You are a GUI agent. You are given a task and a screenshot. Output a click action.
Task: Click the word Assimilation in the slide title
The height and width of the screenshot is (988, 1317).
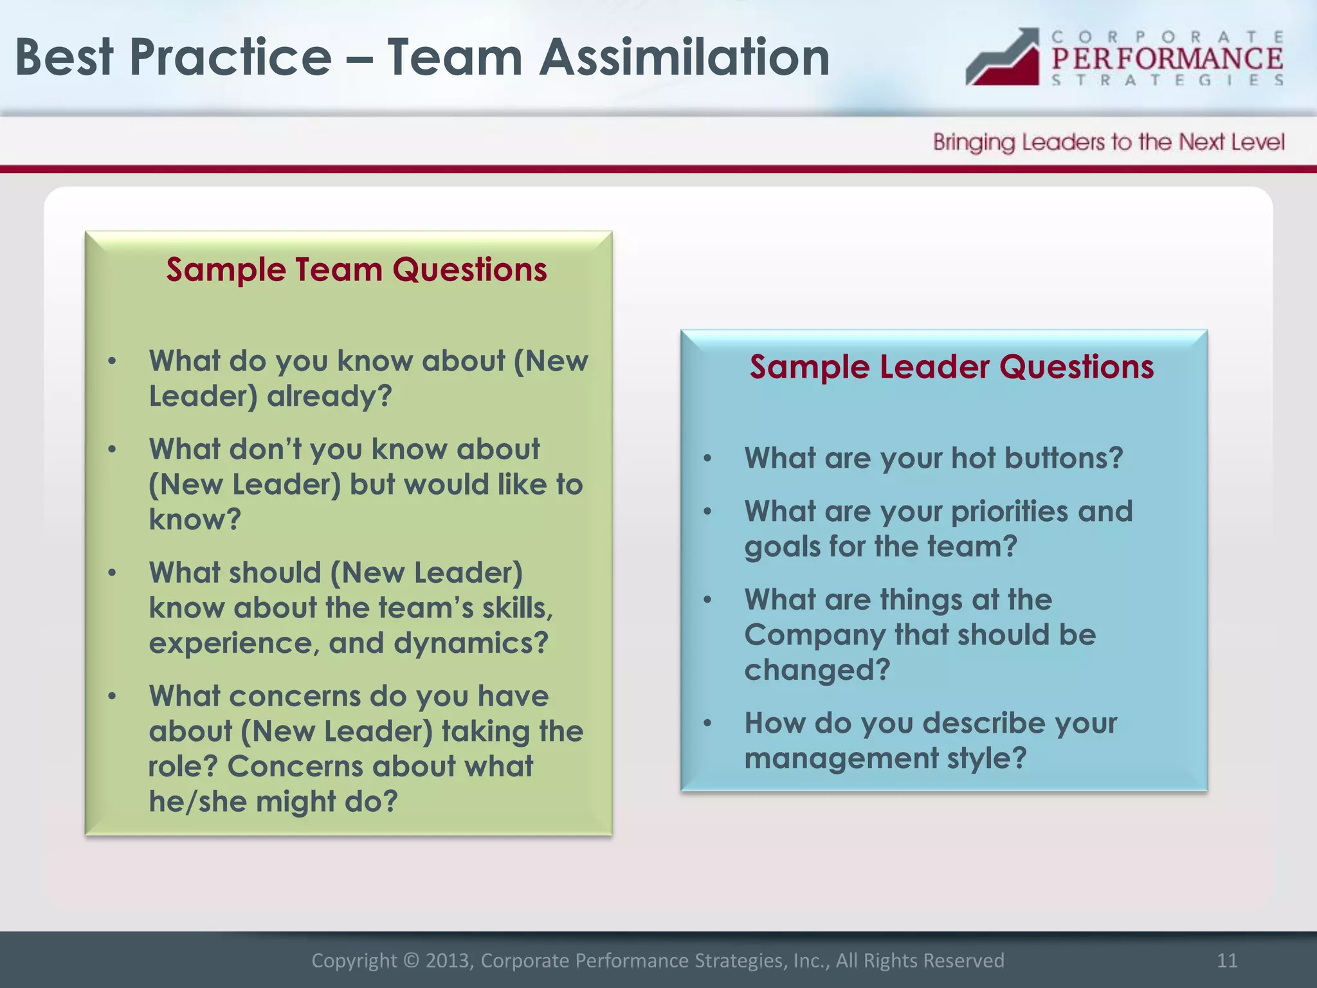(684, 57)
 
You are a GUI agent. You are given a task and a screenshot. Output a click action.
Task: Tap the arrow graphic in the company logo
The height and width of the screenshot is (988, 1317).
(1003, 59)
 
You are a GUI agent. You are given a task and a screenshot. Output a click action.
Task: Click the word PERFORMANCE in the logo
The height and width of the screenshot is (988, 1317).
(1167, 59)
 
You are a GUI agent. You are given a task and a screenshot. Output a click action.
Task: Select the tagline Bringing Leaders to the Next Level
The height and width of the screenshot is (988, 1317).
(1108, 142)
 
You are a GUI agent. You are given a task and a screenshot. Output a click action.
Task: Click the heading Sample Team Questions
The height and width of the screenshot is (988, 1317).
(356, 270)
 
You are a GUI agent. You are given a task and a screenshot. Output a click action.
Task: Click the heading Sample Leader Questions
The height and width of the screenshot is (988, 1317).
(951, 367)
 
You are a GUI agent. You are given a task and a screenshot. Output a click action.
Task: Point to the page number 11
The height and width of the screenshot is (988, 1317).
(1227, 960)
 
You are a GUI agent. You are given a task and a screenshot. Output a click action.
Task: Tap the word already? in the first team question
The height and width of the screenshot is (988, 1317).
(329, 396)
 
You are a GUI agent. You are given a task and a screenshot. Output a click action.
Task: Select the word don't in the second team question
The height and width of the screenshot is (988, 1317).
(265, 449)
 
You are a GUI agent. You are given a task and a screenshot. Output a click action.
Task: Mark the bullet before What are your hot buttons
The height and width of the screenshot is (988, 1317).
(707, 459)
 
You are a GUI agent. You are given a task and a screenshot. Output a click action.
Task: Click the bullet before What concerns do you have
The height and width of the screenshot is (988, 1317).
(112, 696)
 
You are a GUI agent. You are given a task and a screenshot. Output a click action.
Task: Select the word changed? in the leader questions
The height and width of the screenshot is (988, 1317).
(817, 670)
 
